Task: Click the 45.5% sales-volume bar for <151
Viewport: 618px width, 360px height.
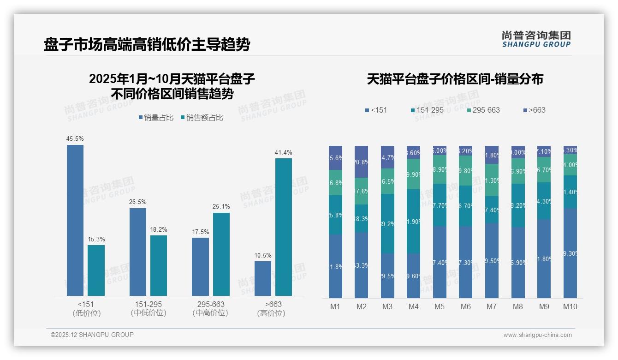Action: point(75,220)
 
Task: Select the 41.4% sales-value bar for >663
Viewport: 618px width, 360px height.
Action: point(284,227)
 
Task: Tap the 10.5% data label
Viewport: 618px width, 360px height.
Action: point(263,255)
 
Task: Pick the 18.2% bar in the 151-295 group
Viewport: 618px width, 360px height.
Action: point(159,265)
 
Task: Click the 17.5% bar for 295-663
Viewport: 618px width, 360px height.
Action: point(200,266)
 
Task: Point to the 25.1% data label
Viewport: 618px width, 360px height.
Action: point(221,206)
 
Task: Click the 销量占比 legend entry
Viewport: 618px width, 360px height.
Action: point(156,118)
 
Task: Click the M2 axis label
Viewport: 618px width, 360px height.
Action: point(361,306)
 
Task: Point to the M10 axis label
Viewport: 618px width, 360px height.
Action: point(570,306)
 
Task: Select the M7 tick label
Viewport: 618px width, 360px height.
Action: point(492,306)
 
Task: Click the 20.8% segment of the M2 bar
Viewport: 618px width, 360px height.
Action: point(361,162)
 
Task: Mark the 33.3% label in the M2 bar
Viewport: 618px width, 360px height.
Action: point(361,265)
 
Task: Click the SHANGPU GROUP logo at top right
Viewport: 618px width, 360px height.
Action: point(536,39)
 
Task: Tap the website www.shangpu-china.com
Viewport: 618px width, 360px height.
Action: point(537,335)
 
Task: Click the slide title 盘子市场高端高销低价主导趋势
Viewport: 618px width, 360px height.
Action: point(147,45)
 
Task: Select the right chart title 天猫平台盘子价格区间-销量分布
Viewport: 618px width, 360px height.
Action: point(455,79)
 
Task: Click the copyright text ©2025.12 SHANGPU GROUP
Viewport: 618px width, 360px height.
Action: point(92,335)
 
